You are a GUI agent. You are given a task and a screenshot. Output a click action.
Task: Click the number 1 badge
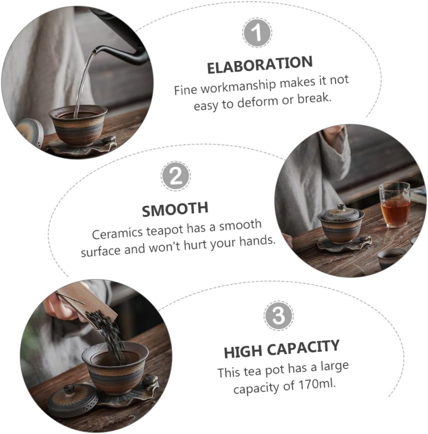[257, 32]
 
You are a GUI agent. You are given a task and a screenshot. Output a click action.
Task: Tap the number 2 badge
[176, 176]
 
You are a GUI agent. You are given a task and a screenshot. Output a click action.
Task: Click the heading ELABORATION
[260, 65]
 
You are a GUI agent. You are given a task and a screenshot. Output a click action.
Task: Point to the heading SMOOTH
[175, 209]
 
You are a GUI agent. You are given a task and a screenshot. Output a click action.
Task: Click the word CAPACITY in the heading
[303, 348]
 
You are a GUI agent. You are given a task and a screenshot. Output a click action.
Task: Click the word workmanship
[238, 86]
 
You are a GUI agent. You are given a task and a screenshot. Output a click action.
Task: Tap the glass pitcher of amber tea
[395, 204]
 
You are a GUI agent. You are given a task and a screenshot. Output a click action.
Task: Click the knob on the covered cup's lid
[341, 207]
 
